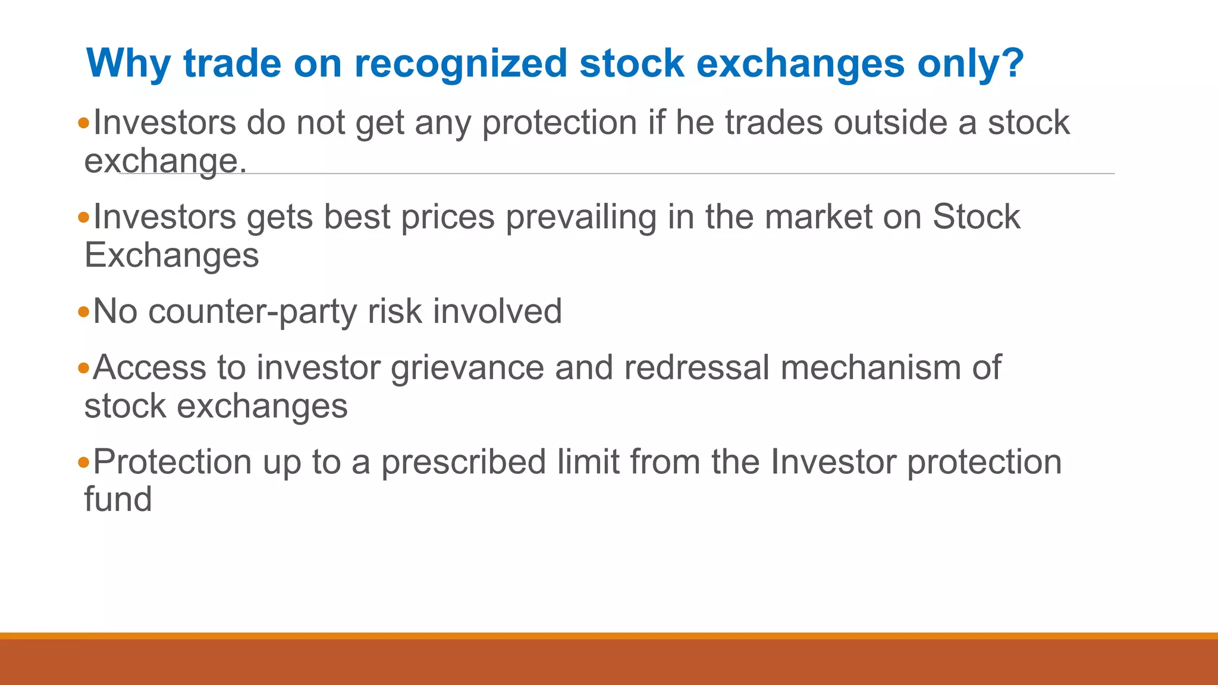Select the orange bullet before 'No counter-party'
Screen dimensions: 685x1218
pyautogui.click(x=83, y=312)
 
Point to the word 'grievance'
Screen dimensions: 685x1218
pyautogui.click(x=467, y=368)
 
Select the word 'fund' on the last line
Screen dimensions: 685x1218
pyautogui.click(x=118, y=499)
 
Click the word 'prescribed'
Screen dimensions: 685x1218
pyautogui.click(x=463, y=463)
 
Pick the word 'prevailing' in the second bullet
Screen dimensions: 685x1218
pyautogui.click(x=581, y=218)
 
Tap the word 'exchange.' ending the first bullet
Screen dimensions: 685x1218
pyautogui.click(x=165, y=161)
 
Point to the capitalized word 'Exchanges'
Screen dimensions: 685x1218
pyautogui.click(x=171, y=255)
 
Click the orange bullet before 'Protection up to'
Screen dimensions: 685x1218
pyautogui.click(x=83, y=462)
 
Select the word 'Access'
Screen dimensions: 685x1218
pyautogui.click(x=149, y=368)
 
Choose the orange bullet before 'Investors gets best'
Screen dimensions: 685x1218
pyautogui.click(x=83, y=217)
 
